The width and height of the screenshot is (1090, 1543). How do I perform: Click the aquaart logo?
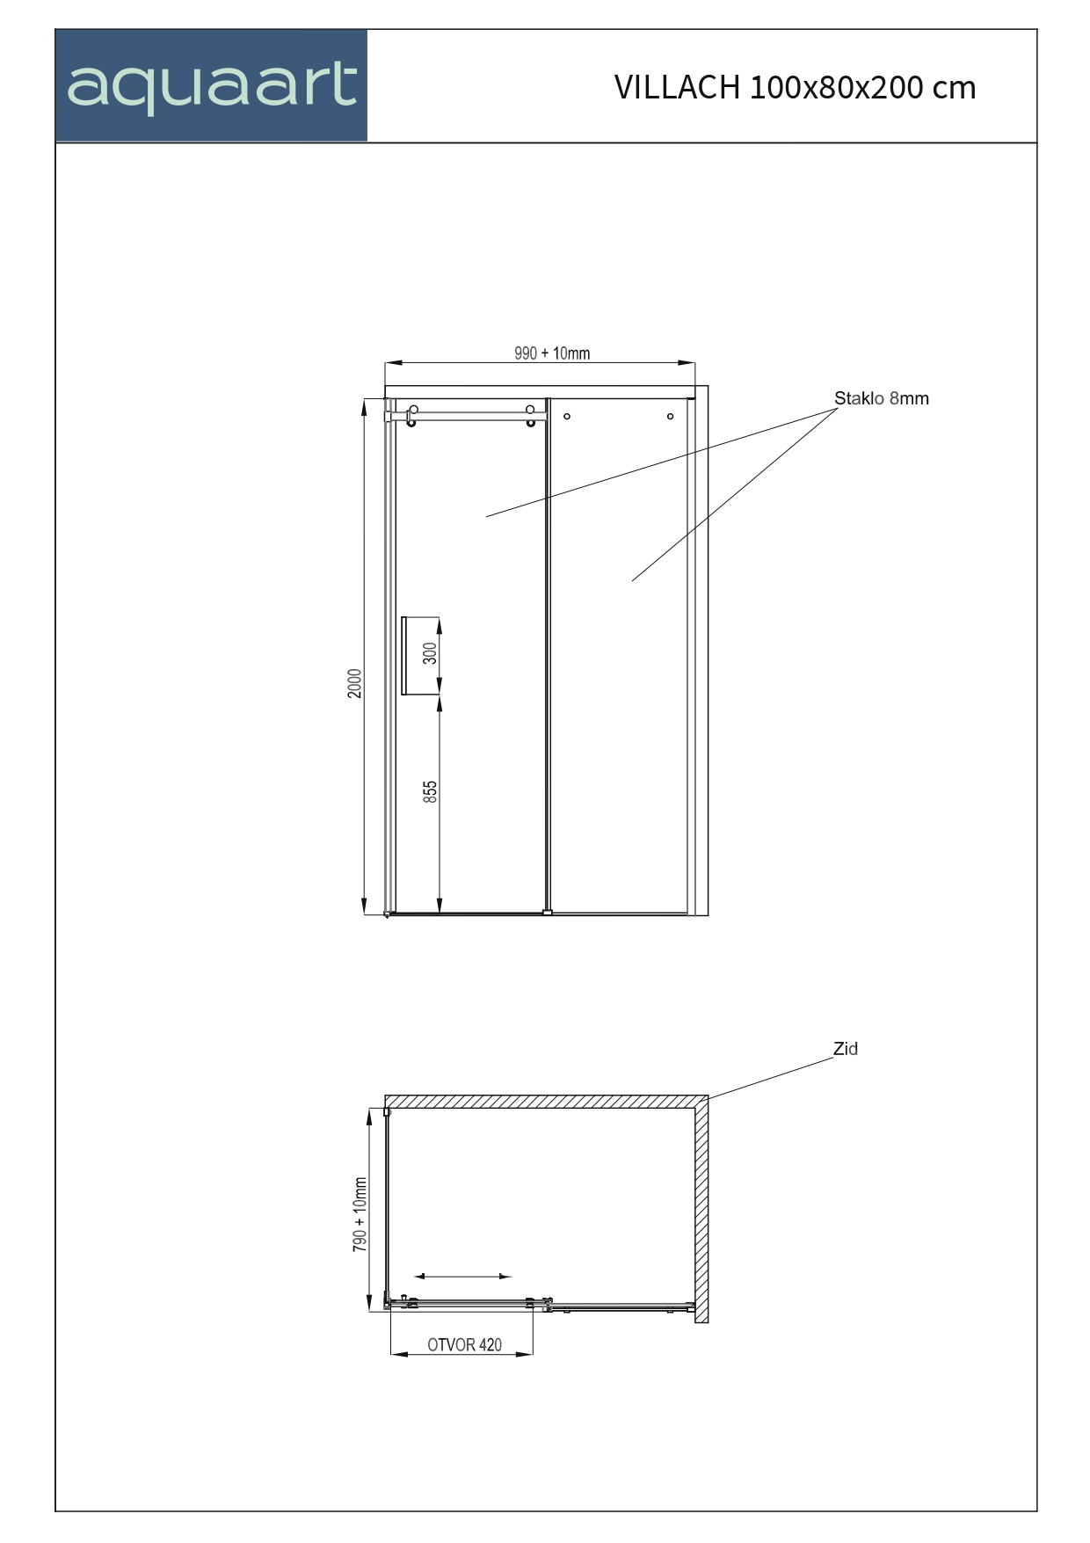(211, 86)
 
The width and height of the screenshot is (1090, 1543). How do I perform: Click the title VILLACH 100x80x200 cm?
(795, 87)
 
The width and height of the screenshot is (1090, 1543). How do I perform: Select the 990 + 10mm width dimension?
(552, 353)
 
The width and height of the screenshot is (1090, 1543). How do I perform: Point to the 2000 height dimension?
(355, 683)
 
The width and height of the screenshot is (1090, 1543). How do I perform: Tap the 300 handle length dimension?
(430, 653)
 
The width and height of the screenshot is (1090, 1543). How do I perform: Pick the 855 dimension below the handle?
(430, 791)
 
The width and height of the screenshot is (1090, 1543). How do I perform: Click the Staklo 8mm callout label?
(881, 398)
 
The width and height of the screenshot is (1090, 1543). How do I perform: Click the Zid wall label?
(846, 1049)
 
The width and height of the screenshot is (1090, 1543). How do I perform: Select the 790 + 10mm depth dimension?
(360, 1214)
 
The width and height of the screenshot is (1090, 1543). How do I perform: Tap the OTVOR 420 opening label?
(464, 1345)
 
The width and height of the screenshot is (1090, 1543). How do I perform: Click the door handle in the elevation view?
(404, 656)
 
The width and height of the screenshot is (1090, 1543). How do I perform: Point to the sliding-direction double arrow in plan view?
(462, 1276)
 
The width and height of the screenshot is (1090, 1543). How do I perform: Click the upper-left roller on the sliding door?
(413, 411)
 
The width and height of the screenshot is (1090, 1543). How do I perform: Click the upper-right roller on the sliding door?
(530, 411)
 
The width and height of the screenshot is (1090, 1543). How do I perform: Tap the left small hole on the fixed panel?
(567, 416)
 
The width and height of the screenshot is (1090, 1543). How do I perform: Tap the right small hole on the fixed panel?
(670, 416)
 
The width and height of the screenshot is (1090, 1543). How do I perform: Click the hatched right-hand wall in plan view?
(701, 1213)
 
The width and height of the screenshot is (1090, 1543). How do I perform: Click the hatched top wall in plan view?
(545, 1102)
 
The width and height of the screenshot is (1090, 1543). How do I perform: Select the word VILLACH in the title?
(677, 87)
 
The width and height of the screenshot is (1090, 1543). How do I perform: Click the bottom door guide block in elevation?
(548, 913)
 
